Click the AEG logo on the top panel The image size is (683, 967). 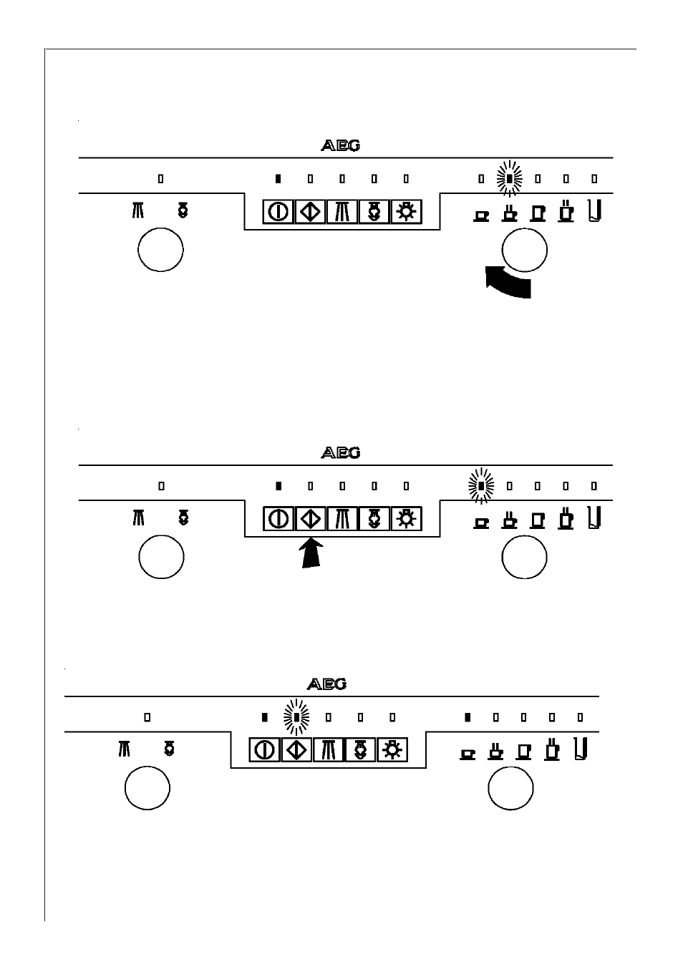[x=340, y=146]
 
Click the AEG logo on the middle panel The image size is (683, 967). [x=340, y=453]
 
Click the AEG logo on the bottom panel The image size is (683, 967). [x=326, y=684]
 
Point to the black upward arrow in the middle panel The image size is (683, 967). [x=311, y=553]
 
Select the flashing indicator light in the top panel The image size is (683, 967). [x=510, y=178]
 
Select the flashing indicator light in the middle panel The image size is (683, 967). [x=481, y=486]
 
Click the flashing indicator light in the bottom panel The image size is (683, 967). [x=296, y=717]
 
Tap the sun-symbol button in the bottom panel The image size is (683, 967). [x=392, y=750]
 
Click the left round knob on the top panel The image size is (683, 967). [x=160, y=250]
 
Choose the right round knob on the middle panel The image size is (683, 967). [x=525, y=557]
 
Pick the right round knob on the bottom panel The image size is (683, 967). [x=510, y=788]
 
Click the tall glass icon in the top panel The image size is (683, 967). [x=595, y=211]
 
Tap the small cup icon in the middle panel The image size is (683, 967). [x=481, y=523]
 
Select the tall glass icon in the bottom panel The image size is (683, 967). [x=581, y=749]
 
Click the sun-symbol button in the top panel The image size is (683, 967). [x=406, y=212]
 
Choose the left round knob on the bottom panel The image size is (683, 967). [x=147, y=788]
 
